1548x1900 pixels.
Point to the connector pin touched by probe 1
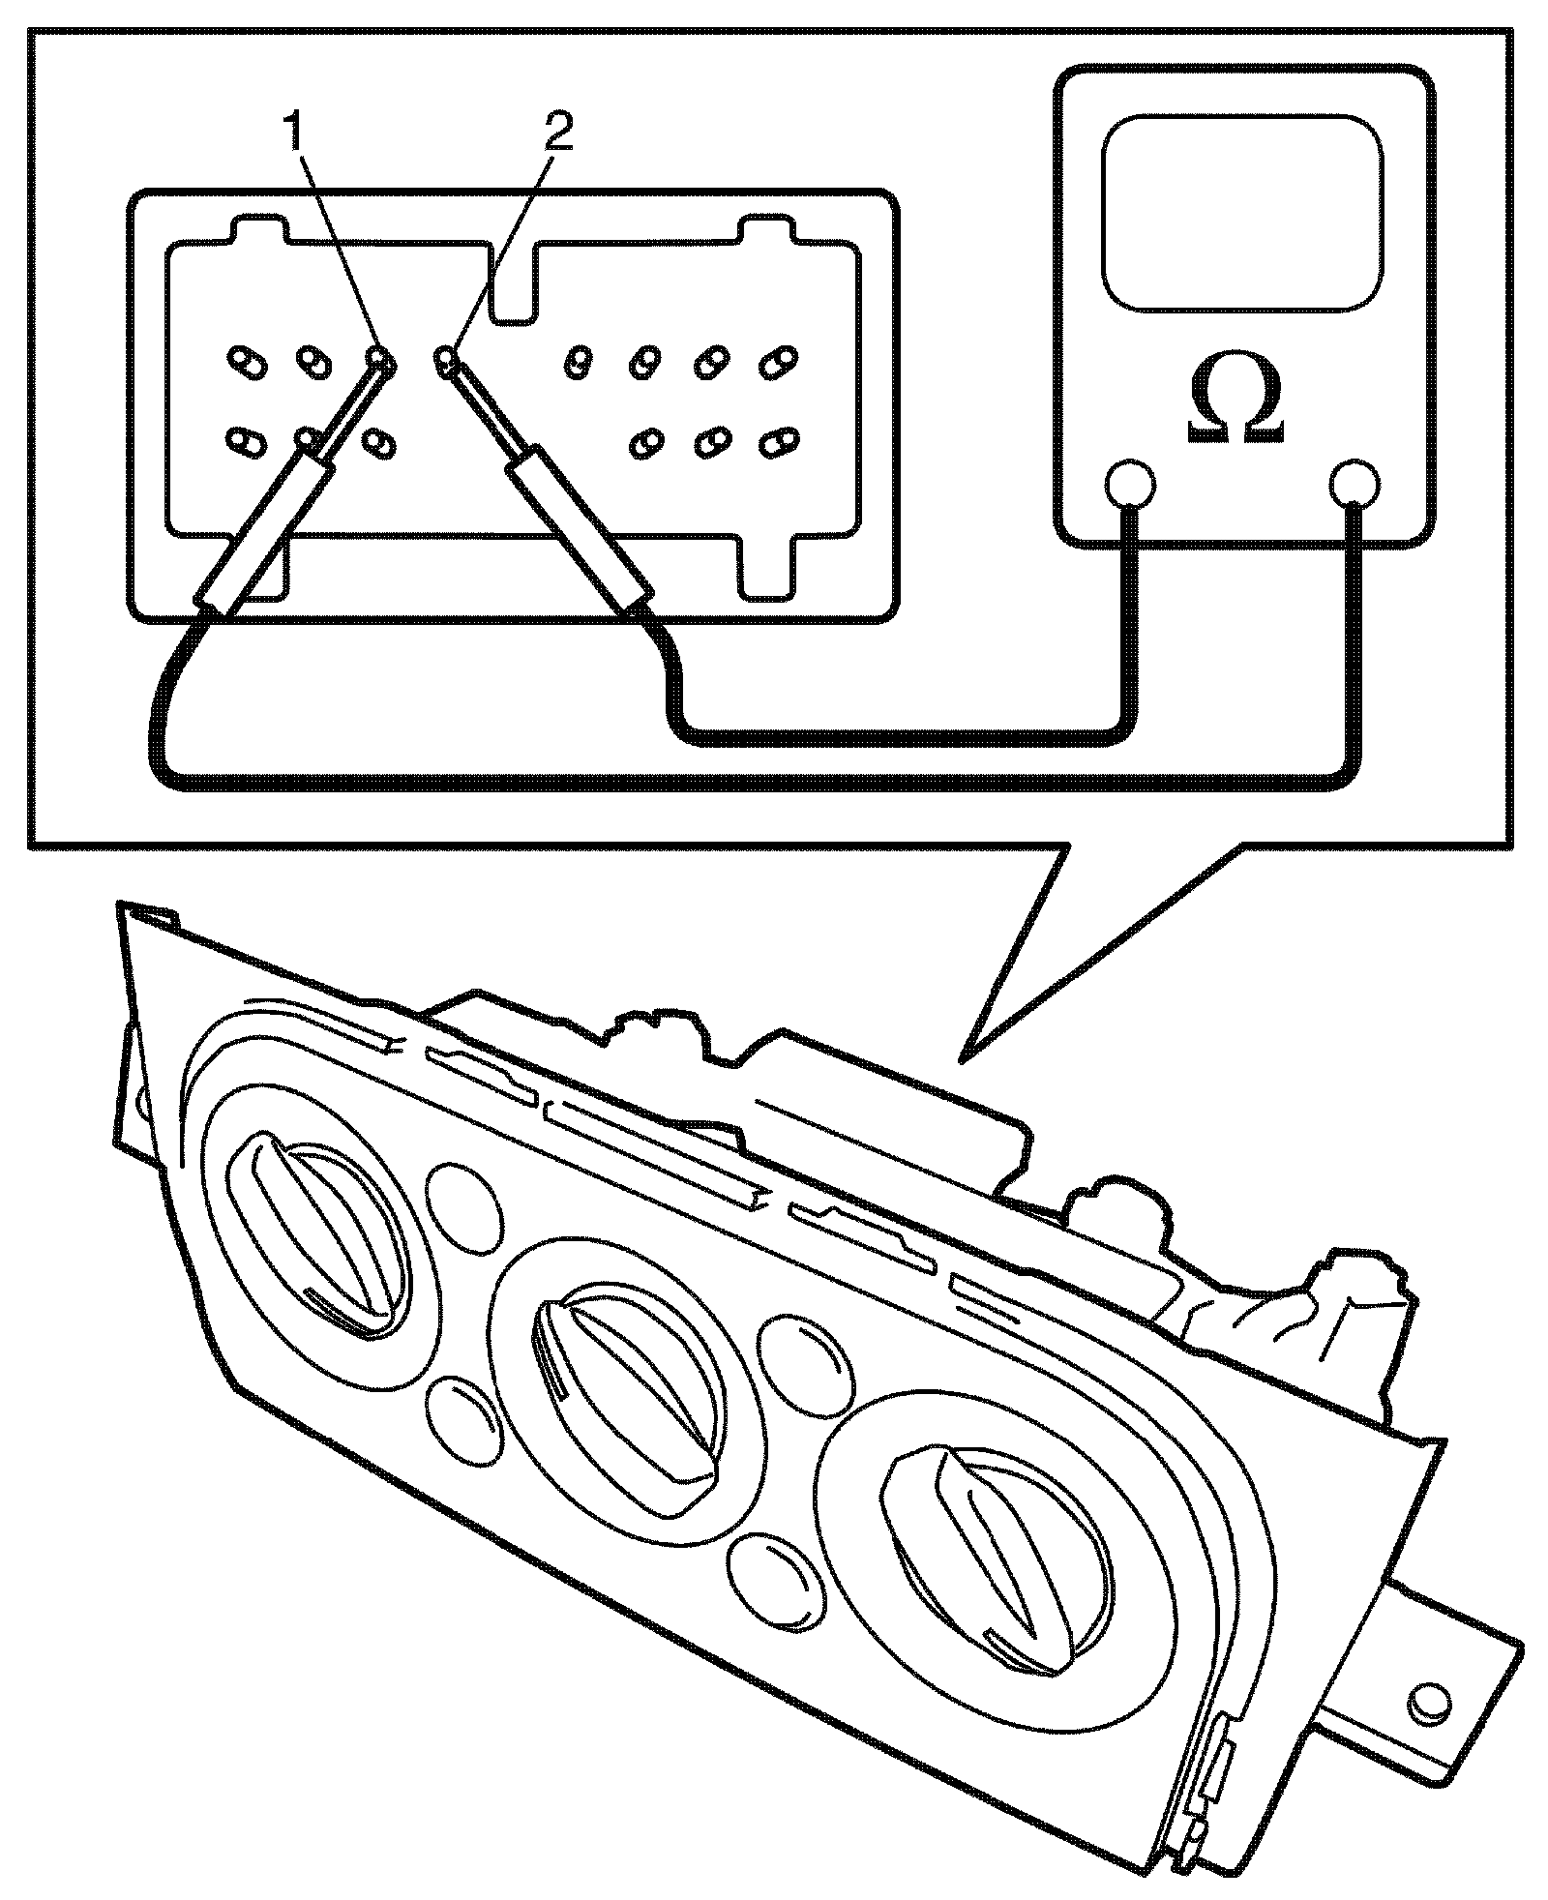coord(380,362)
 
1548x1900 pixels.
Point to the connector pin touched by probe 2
coord(447,363)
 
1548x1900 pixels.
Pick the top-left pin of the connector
coord(239,363)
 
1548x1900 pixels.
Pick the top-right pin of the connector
coord(775,363)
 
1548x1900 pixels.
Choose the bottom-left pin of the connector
coord(239,442)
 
